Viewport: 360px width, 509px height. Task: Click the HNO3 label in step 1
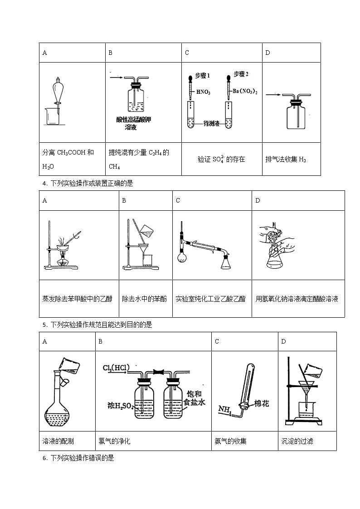(203, 92)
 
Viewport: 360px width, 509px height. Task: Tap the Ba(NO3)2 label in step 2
(245, 92)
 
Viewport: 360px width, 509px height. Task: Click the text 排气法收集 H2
(286, 160)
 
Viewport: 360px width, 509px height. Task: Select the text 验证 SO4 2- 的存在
(221, 160)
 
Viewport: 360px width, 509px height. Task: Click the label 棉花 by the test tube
(261, 403)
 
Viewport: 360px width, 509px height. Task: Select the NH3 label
(224, 410)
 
